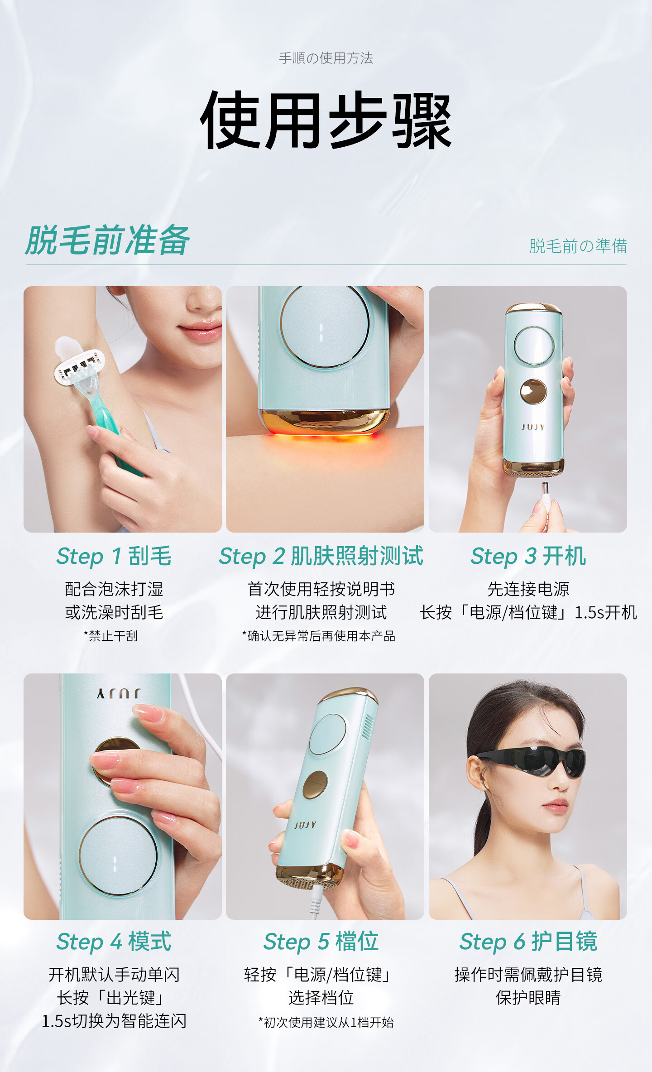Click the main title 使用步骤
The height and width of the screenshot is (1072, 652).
[326, 120]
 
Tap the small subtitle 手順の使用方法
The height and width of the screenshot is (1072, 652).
[326, 58]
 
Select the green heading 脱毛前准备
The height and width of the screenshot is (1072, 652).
[108, 240]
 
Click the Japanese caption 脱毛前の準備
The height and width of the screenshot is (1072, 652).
[578, 246]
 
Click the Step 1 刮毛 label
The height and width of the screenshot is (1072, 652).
[114, 556]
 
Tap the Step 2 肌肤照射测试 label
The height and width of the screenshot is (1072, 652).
[321, 556]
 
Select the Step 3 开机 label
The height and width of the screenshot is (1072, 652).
[528, 556]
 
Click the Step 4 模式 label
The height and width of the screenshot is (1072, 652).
[114, 942]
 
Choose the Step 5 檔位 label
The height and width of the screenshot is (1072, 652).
[321, 942]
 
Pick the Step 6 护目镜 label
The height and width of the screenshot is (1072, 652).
[528, 942]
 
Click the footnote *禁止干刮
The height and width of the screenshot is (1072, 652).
[111, 636]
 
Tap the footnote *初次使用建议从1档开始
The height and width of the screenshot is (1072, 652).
[326, 1023]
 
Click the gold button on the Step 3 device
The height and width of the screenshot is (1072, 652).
[533, 391]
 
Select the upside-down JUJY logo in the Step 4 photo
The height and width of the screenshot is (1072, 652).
[119, 693]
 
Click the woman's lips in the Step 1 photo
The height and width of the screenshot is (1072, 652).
[201, 332]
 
